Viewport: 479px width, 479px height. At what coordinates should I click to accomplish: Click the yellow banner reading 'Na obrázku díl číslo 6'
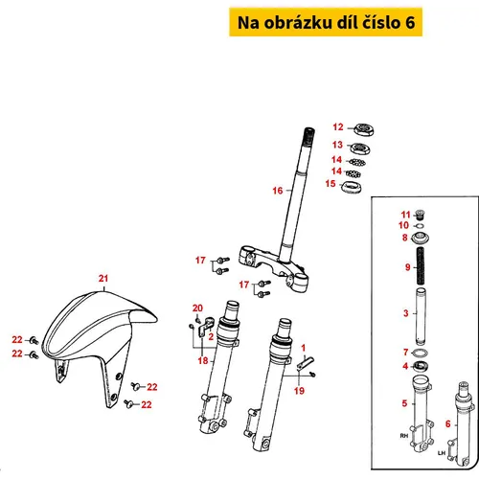[x=326, y=22]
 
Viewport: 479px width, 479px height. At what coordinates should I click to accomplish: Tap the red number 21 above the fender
[x=103, y=279]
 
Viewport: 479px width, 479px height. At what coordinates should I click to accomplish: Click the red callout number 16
[x=278, y=191]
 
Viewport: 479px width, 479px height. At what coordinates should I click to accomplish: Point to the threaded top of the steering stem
[x=308, y=132]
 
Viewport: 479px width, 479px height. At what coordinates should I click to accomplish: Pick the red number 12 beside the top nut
[x=338, y=127]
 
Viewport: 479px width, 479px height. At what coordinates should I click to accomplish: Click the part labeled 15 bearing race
[x=352, y=187]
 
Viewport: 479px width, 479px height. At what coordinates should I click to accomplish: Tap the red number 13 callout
[x=337, y=145]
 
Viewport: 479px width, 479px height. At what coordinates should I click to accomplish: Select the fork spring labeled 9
[x=421, y=266]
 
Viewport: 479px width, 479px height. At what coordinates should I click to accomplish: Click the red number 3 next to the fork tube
[x=406, y=313]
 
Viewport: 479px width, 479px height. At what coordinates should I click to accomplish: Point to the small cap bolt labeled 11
[x=421, y=215]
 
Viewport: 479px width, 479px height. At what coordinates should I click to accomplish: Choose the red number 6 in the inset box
[x=448, y=424]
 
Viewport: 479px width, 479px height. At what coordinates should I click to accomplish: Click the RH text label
[x=404, y=436]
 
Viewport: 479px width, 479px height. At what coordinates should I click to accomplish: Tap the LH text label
[x=442, y=453]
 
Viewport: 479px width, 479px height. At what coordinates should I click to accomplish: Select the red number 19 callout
[x=299, y=391]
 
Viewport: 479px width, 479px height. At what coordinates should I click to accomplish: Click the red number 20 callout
[x=197, y=308]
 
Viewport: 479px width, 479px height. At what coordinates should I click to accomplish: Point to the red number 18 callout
[x=203, y=361]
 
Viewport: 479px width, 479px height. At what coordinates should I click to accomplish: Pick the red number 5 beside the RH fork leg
[x=404, y=403]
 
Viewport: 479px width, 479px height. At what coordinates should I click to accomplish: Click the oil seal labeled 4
[x=420, y=366]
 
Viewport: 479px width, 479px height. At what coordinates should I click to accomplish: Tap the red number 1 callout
[x=304, y=348]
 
